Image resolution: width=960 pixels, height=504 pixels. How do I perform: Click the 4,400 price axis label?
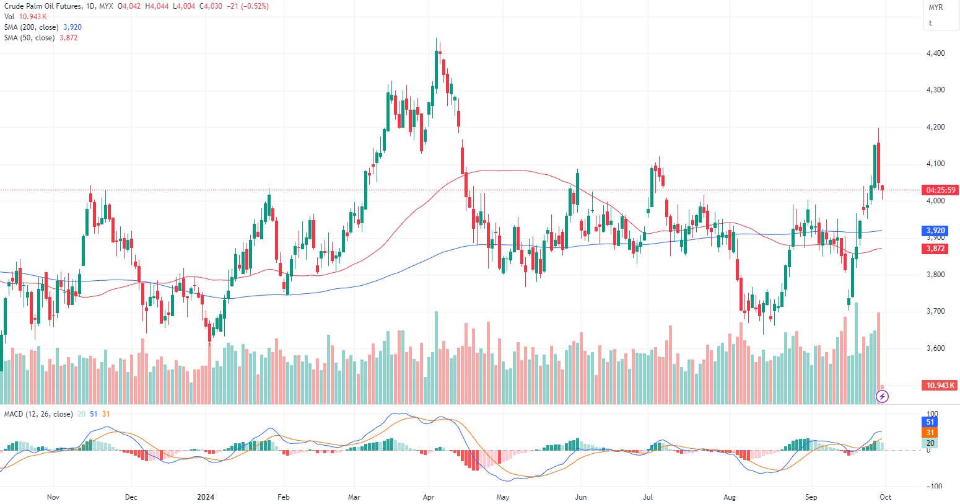pos(935,53)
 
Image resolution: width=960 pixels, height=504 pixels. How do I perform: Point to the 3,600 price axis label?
pos(935,348)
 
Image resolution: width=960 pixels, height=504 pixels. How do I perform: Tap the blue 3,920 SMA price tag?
pos(935,231)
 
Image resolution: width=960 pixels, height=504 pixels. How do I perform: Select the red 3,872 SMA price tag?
pos(935,249)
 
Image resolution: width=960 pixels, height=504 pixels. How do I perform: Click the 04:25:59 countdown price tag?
pos(940,190)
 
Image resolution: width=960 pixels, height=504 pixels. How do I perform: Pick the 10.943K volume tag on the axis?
pos(940,386)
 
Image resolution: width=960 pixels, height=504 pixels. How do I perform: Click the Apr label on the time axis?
pos(429,497)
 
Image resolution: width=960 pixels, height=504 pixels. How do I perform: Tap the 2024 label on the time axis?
pos(206,497)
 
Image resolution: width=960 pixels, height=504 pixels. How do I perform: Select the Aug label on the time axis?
pos(730,497)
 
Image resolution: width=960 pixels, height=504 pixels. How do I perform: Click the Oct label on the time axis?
pos(886,497)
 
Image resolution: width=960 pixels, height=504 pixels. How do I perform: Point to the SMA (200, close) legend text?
pos(32,27)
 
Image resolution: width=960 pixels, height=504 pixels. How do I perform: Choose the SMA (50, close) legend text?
pos(30,38)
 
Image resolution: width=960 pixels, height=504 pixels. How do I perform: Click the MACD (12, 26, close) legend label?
pos(38,414)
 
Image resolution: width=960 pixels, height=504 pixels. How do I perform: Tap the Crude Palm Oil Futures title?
pos(42,6)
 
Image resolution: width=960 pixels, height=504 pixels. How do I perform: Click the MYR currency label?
pos(935,7)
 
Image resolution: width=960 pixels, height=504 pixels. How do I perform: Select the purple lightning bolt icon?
pos(883,396)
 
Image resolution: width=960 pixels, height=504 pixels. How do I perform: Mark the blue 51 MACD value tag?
pos(930,422)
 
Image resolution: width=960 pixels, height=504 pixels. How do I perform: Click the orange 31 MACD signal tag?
pos(930,433)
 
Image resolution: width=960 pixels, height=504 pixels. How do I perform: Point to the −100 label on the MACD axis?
pos(933,487)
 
